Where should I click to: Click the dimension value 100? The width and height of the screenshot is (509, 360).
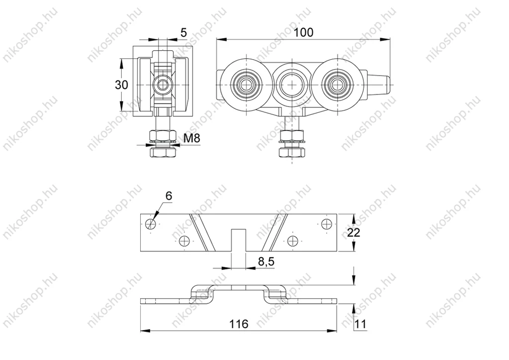coord(304,32)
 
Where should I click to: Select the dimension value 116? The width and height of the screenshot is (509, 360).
coord(239,324)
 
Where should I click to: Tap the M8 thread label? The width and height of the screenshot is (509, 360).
coord(192,138)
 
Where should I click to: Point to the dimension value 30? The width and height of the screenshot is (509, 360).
coord(121,85)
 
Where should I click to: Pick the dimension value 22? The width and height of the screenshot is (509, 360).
coord(353,232)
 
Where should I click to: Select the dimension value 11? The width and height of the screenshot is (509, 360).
coord(360,324)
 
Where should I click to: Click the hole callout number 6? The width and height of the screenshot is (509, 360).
coord(169,196)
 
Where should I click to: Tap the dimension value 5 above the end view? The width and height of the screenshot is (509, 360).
coord(184,32)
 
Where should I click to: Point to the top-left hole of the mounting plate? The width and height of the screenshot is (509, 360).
coord(151,224)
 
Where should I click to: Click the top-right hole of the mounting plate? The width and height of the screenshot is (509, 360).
coord(326,224)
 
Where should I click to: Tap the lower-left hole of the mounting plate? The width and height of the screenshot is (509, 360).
coord(184,241)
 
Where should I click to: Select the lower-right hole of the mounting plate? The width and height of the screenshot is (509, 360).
coord(293,241)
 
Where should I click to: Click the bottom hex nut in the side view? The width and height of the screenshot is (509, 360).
coord(292,152)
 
